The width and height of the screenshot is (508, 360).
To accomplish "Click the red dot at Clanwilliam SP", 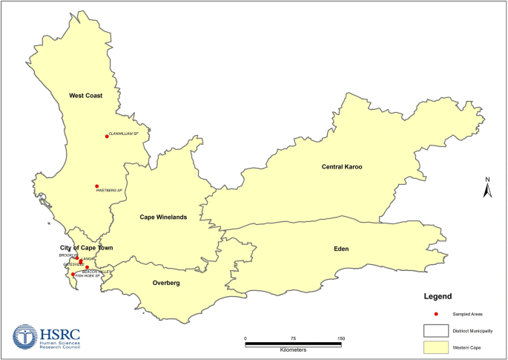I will click(107, 136).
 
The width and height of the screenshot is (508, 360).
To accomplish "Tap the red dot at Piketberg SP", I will click(96, 186).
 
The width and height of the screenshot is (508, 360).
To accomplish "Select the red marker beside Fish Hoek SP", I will click(73, 275).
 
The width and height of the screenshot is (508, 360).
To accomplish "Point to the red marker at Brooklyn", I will click(77, 258).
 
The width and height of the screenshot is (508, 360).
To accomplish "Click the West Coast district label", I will click(85, 96).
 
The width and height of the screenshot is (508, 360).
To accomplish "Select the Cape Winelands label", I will click(163, 217).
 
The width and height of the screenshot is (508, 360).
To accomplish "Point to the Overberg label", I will click(166, 283).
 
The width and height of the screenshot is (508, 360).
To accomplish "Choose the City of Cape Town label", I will click(86, 247).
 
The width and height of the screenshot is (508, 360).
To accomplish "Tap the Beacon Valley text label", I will click(96, 272).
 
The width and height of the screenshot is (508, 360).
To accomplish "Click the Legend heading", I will click(437, 296).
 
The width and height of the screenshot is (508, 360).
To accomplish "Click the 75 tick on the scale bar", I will click(293, 339).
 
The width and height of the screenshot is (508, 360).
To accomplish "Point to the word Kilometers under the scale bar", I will click(293, 349).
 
